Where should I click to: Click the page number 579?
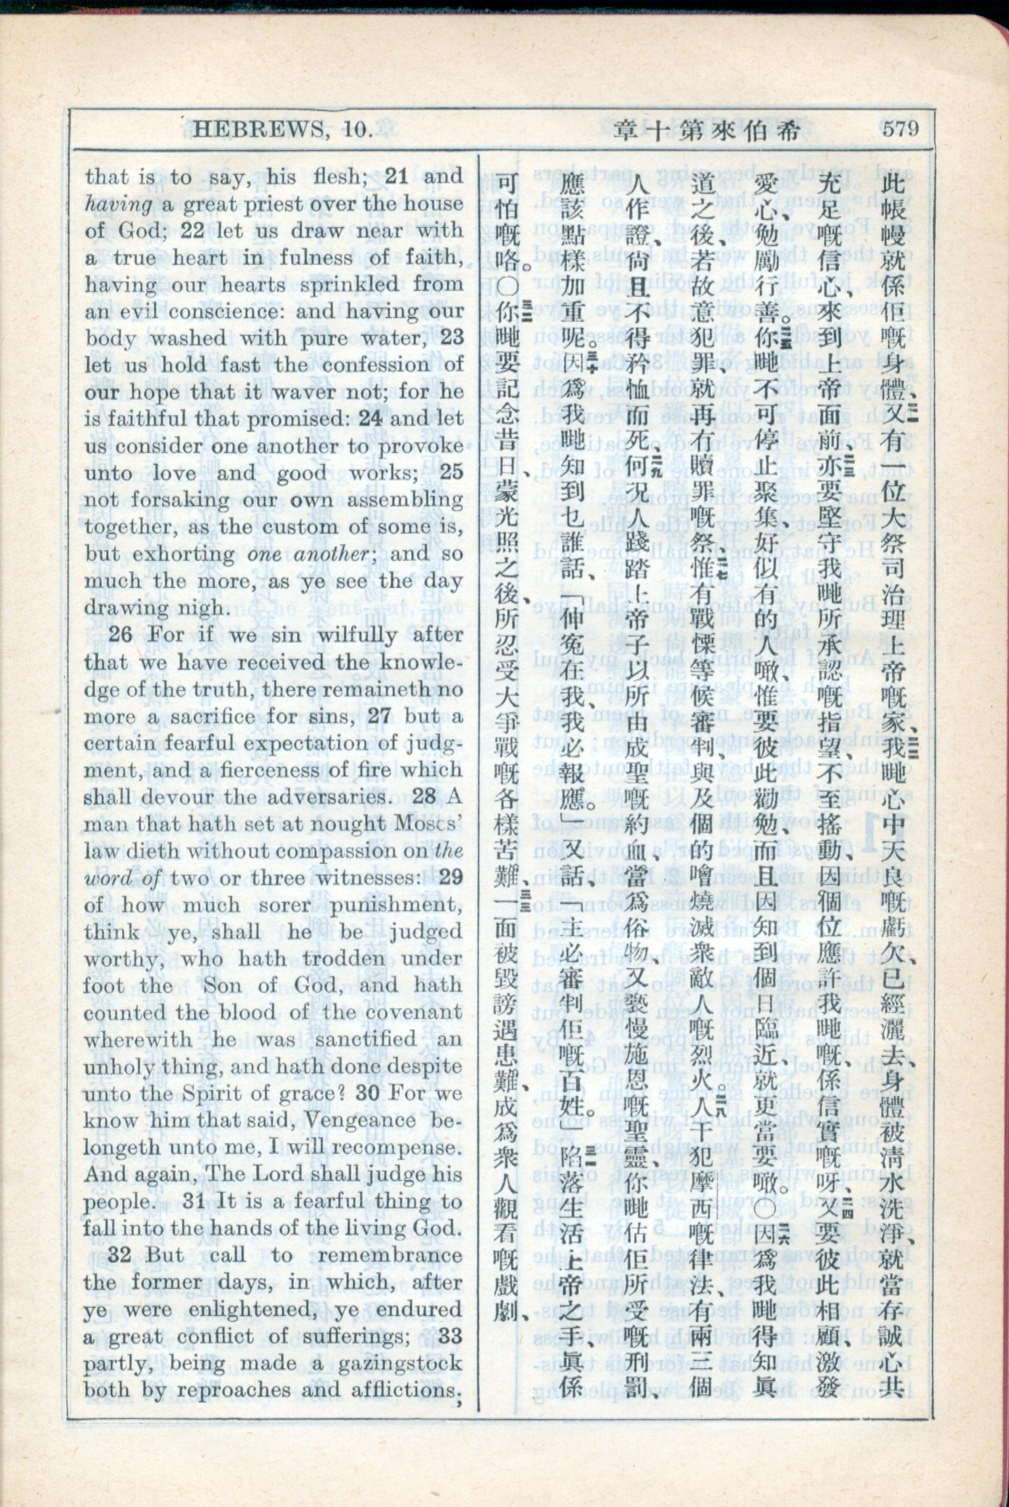coord(900,130)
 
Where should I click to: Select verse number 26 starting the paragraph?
coord(120,635)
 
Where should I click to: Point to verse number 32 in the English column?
coord(120,1255)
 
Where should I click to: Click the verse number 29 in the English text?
coord(449,878)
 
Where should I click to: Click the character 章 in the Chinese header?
coord(626,131)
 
